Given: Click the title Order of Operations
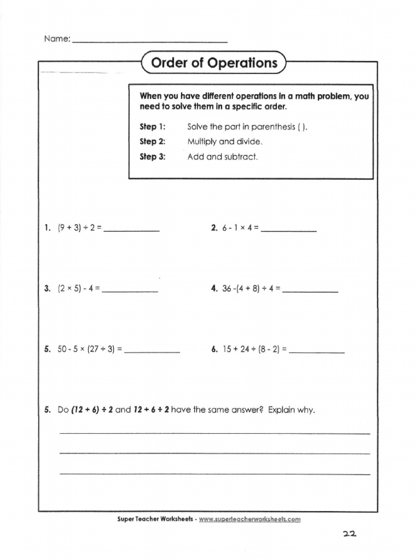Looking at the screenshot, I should point(214,63).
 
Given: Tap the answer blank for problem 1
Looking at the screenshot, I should point(131,231).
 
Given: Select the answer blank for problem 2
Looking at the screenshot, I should point(289,231).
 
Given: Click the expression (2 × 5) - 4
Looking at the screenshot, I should point(76,289).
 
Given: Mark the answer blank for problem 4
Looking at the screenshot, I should point(311,293).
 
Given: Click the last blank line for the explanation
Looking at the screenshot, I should point(214,474).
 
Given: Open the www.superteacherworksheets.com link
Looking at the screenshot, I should point(249,519).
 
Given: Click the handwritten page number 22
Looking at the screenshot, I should point(348,536).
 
